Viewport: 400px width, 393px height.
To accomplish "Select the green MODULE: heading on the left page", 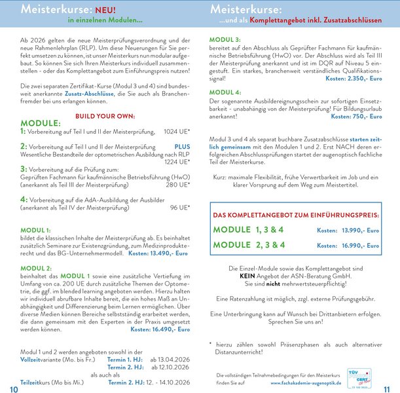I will pyautogui.click(x=42, y=123).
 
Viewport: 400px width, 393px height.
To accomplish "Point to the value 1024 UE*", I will pyautogui.click(x=177, y=132).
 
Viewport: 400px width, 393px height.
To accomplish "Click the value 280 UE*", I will pyautogui.click(x=177, y=185).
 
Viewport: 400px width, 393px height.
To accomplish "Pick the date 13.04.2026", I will pyautogui.click(x=170, y=360).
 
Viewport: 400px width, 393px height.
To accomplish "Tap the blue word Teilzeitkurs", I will pyautogui.click(x=34, y=382).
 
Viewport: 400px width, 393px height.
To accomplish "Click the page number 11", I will pyautogui.click(x=386, y=389).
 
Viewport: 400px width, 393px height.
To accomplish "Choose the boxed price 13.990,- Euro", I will pyautogui.click(x=359, y=231).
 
